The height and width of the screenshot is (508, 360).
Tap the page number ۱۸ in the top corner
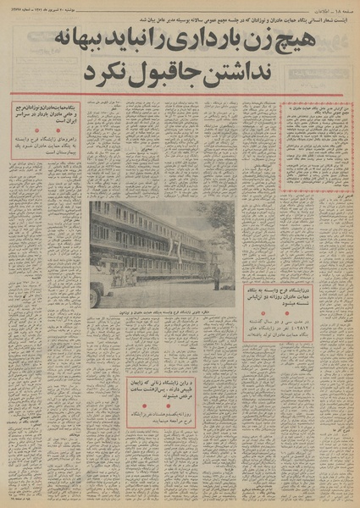coord(343,8)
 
